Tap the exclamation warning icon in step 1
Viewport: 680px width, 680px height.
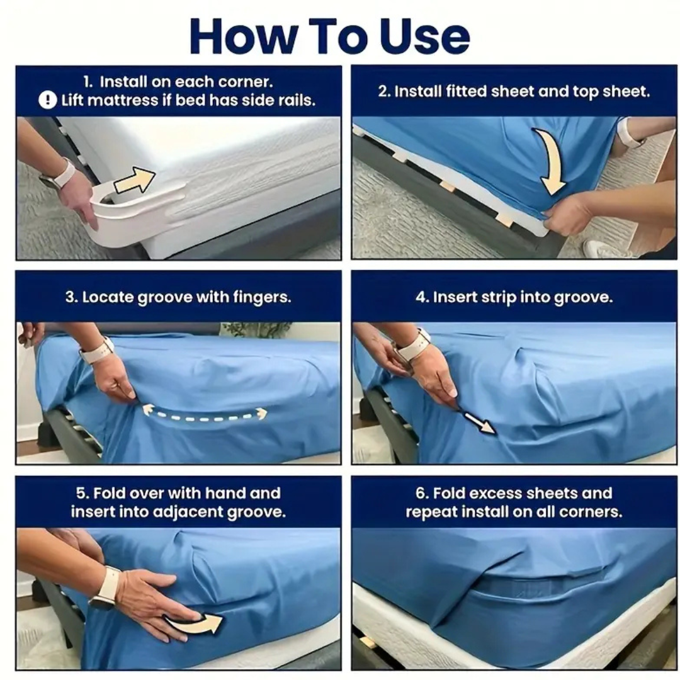tap(48, 100)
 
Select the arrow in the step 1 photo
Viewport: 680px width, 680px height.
tap(134, 181)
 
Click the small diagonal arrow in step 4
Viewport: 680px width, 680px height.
tap(480, 423)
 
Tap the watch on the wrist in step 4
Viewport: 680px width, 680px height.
tap(412, 346)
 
